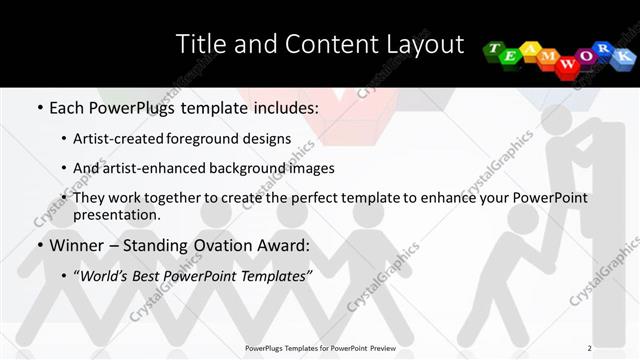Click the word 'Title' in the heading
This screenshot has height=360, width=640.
pyautogui.click(x=200, y=45)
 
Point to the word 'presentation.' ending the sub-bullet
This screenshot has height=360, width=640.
pyautogui.click(x=116, y=214)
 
